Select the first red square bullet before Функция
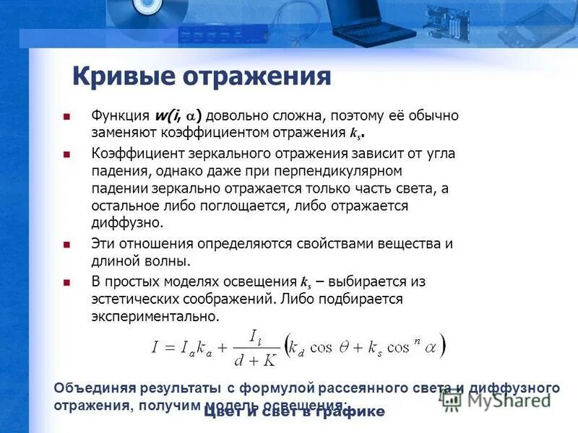[66, 116]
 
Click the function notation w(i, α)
[178, 115]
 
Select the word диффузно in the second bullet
[127, 223]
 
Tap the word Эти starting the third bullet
[104, 243]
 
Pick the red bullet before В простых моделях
[66, 281]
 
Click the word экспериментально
[154, 316]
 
